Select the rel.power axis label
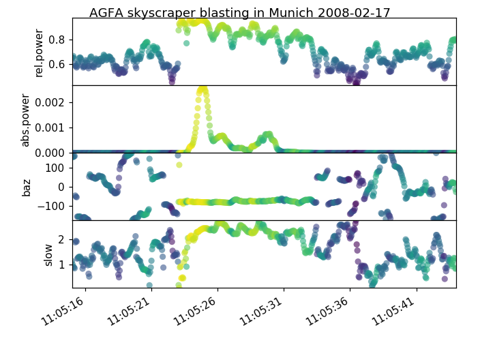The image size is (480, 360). click(x=39, y=52)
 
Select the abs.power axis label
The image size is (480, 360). click(x=25, y=119)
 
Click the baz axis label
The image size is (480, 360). click(x=27, y=187)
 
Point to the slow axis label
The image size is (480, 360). click(x=48, y=254)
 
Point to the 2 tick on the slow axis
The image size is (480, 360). click(x=61, y=239)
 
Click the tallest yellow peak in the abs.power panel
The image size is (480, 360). click(x=202, y=89)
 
